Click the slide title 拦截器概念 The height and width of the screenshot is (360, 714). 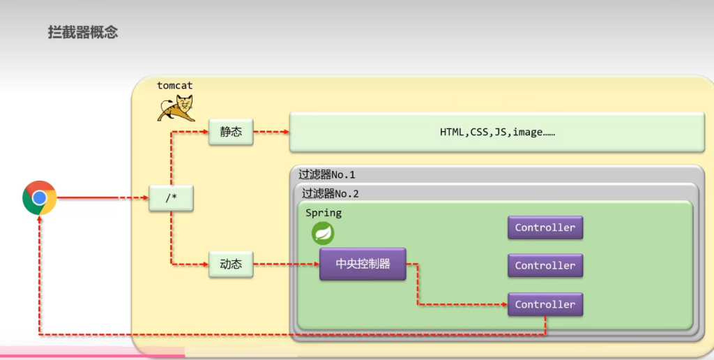click(x=83, y=32)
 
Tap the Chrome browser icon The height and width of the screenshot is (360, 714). click(x=39, y=198)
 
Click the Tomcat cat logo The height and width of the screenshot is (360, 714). click(x=176, y=109)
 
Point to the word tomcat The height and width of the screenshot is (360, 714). click(x=174, y=85)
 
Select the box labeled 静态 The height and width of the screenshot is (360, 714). click(x=231, y=131)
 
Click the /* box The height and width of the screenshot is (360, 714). click(x=171, y=198)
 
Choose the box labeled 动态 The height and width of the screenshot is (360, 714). click(x=231, y=265)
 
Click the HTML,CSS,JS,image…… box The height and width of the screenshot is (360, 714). click(x=496, y=132)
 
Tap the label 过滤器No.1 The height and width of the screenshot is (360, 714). click(x=327, y=174)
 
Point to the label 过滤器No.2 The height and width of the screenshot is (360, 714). click(x=331, y=194)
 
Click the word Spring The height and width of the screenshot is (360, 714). click(x=324, y=213)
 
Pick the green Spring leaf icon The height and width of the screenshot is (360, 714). click(x=323, y=233)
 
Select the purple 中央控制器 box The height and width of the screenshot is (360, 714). click(x=363, y=264)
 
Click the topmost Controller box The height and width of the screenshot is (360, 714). click(x=545, y=227)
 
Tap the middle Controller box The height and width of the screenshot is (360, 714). click(x=545, y=265)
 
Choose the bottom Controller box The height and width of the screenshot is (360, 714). click(x=545, y=304)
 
